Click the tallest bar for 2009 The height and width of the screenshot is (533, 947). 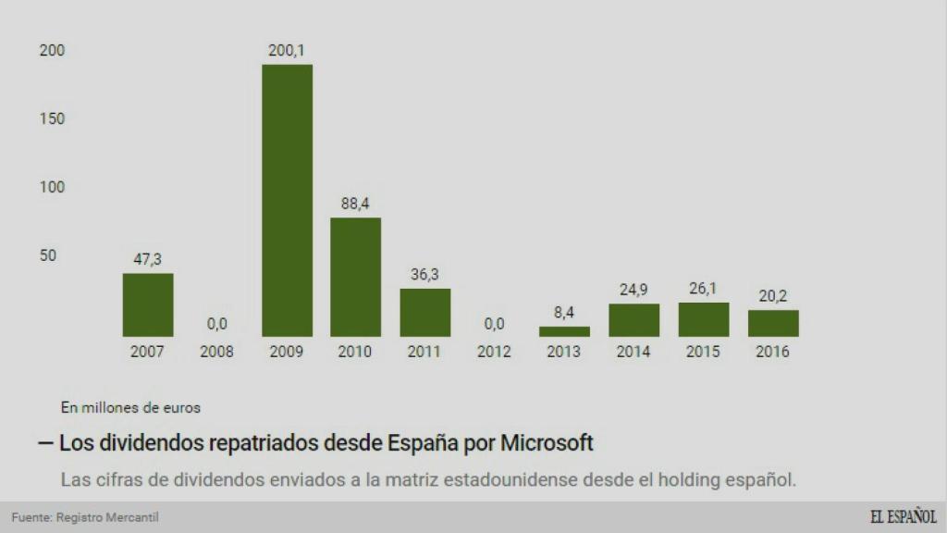(x=287, y=200)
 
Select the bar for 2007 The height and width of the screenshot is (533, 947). (x=148, y=304)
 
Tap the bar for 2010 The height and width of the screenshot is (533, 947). (x=356, y=277)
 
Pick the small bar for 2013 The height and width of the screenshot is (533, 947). (x=564, y=331)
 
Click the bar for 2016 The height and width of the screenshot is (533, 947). (x=773, y=323)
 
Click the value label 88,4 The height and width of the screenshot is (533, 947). (x=356, y=205)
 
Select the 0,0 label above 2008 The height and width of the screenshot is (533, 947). (x=217, y=324)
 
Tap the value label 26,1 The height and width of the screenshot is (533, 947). (x=703, y=289)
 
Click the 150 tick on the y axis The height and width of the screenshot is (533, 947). (x=52, y=119)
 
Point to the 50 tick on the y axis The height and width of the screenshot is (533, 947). (x=47, y=255)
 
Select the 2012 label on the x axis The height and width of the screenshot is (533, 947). (x=495, y=353)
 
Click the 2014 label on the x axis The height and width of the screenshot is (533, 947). (x=633, y=353)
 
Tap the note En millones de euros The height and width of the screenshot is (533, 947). (x=130, y=406)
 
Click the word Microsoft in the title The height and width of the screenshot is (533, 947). (x=547, y=443)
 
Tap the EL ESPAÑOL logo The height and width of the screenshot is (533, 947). (x=902, y=516)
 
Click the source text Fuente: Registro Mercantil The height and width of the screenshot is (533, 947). (x=79, y=517)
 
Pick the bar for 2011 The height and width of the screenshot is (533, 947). (x=425, y=312)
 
